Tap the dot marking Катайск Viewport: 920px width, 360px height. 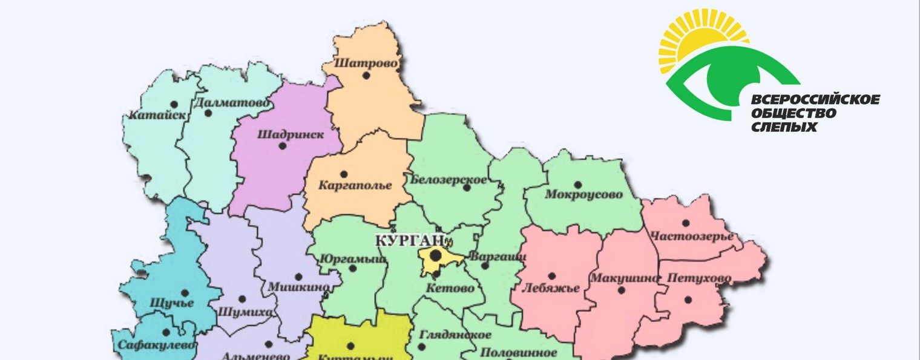174,105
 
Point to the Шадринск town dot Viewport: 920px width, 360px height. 282,145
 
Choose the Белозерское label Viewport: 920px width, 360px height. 448,179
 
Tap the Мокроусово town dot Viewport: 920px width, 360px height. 577,185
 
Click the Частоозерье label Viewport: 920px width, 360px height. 691,236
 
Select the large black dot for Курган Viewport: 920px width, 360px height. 435,257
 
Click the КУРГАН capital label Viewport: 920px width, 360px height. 410,240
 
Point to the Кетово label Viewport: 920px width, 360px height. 450,288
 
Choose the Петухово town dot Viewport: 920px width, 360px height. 688,299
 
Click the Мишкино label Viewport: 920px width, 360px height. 299,286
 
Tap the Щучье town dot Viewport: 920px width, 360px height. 185,293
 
